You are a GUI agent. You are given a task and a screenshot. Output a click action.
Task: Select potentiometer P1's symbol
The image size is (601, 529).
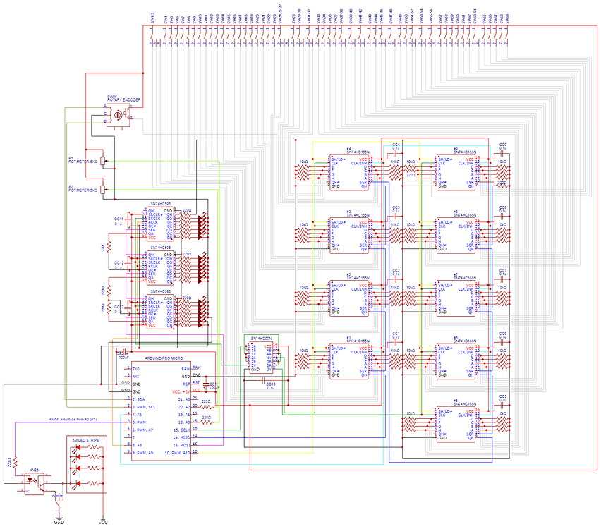(x=104, y=161)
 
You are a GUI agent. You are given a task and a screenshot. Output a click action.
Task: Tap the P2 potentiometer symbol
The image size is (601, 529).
(x=104, y=189)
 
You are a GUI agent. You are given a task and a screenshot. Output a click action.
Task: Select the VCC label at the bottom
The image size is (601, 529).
(x=103, y=523)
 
